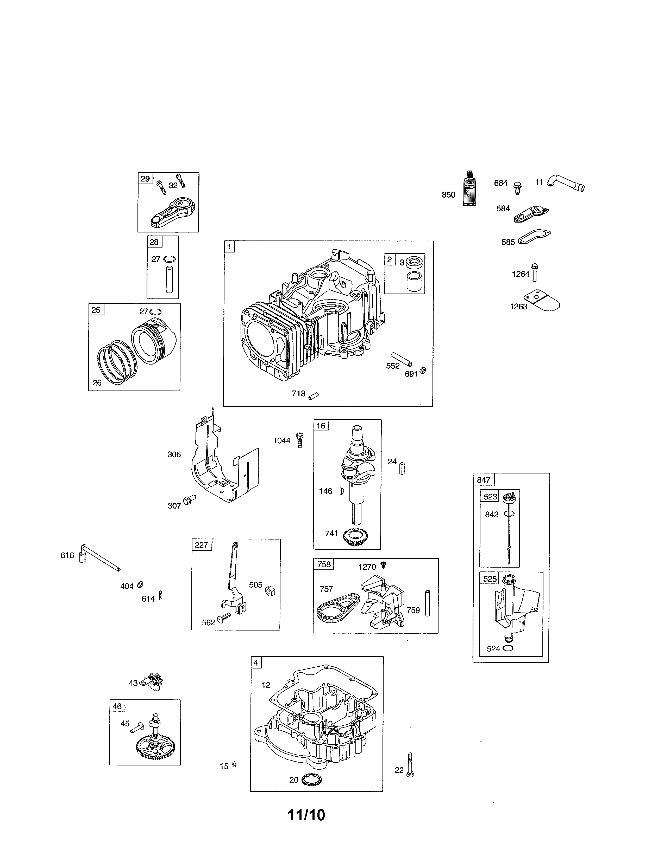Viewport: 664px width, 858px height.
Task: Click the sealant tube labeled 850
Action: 470,188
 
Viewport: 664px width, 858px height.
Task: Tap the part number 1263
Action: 518,307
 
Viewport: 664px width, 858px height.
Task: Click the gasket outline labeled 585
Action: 534,237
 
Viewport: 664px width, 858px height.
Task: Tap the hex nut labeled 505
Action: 270,591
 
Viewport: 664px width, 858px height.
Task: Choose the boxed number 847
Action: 484,480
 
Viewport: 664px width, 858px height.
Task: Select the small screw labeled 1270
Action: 385,565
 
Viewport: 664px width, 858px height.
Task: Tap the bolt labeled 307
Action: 190,499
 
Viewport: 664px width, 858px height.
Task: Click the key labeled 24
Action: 402,468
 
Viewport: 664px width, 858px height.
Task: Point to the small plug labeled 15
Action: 234,764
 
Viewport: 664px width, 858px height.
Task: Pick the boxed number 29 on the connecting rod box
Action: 145,179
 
